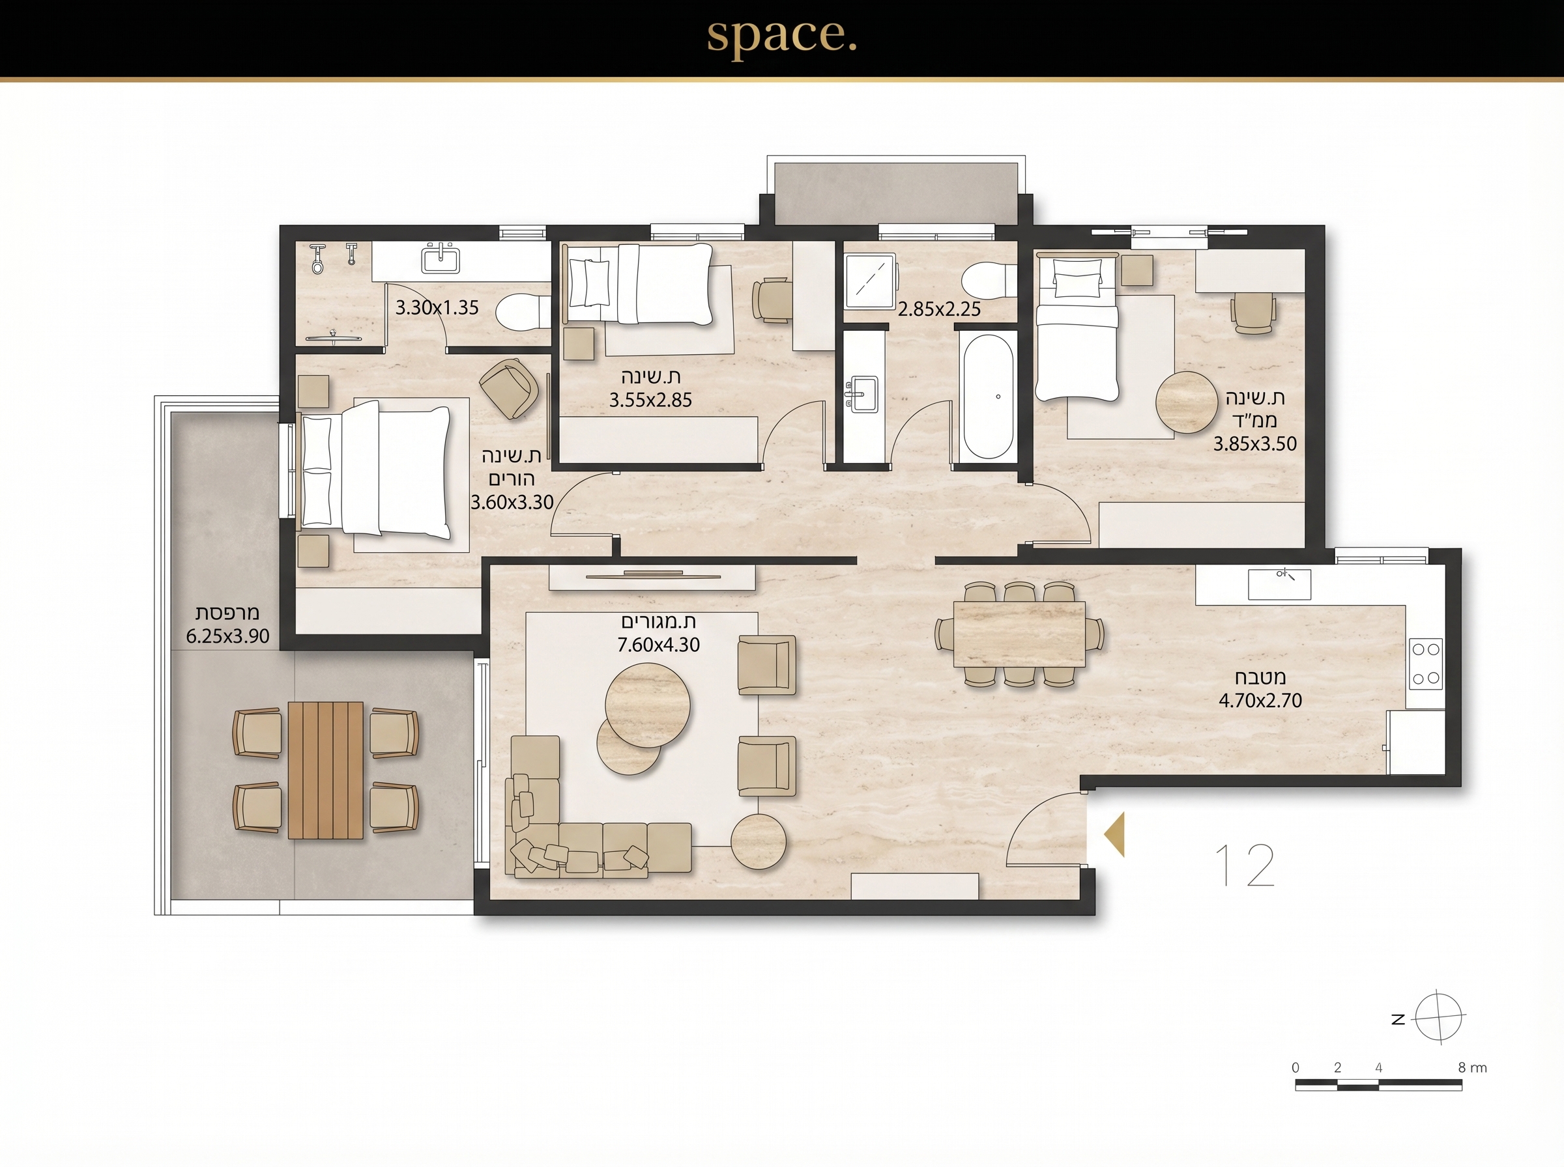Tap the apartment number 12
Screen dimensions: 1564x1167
[x=1245, y=865]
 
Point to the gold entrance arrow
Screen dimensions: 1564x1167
[x=1114, y=834]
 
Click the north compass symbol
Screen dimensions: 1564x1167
[x=1438, y=1018]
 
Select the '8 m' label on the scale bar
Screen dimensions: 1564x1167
[x=1472, y=1068]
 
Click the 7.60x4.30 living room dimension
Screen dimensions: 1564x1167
[x=659, y=645]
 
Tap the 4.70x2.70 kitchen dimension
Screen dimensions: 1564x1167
[x=1260, y=701]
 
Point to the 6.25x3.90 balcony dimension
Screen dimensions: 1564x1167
[x=227, y=636]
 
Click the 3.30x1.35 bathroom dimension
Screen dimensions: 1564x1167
[x=437, y=308]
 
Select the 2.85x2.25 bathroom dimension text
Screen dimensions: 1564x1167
[x=939, y=309]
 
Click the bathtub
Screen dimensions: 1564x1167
[x=987, y=397]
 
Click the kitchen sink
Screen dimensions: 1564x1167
[x=1279, y=584]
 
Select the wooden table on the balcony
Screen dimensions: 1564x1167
[x=326, y=770]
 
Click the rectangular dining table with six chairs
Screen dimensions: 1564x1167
[x=1019, y=634]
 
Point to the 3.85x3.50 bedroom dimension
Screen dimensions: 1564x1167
[x=1255, y=444]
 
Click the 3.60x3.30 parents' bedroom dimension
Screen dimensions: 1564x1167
[x=512, y=503]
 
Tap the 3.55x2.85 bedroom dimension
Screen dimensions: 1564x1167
[x=651, y=401]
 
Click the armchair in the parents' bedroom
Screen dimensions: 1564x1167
[x=508, y=388]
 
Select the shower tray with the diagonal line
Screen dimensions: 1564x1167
[x=870, y=282]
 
